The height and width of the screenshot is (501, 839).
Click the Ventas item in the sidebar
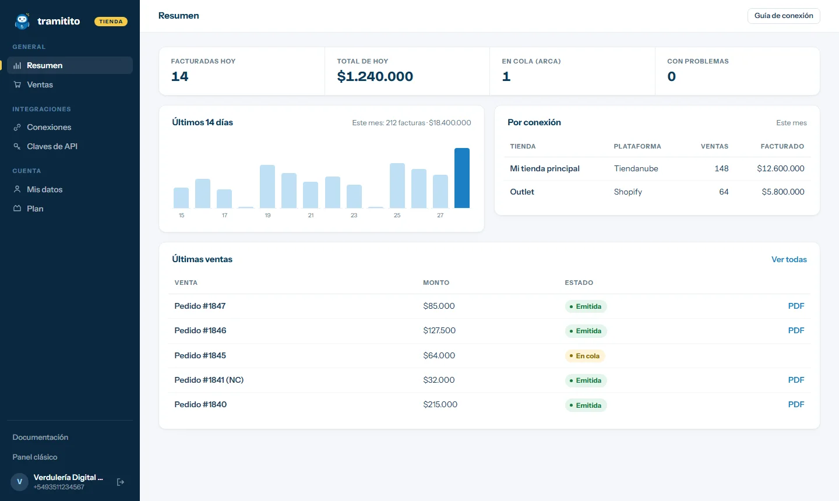(x=40, y=84)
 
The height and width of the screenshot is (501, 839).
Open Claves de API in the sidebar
(x=52, y=146)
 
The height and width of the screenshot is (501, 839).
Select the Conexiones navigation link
(x=49, y=128)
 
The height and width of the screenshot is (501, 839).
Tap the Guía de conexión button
(x=784, y=16)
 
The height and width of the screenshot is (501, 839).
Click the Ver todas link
(x=789, y=259)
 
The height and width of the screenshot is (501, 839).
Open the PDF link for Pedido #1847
(x=796, y=306)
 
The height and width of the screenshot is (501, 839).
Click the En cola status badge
(x=585, y=356)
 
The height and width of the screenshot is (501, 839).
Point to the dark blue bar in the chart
(x=462, y=178)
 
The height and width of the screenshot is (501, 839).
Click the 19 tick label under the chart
(x=267, y=216)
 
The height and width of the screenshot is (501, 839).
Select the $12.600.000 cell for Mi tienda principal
(x=781, y=168)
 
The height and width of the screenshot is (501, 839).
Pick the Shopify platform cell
(x=628, y=192)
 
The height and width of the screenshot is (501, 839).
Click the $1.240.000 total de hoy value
(x=375, y=76)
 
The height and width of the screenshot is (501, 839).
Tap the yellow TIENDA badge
(x=111, y=22)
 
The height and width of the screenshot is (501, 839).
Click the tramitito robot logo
(x=22, y=21)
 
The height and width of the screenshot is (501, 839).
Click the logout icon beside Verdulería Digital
(x=120, y=482)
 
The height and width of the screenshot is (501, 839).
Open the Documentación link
(x=40, y=438)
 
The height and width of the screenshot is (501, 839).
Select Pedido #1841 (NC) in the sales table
(x=209, y=380)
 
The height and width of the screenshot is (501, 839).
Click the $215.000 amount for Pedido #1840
(x=440, y=404)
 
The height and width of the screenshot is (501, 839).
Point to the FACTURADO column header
(x=782, y=146)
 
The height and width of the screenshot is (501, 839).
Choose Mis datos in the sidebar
(x=44, y=189)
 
